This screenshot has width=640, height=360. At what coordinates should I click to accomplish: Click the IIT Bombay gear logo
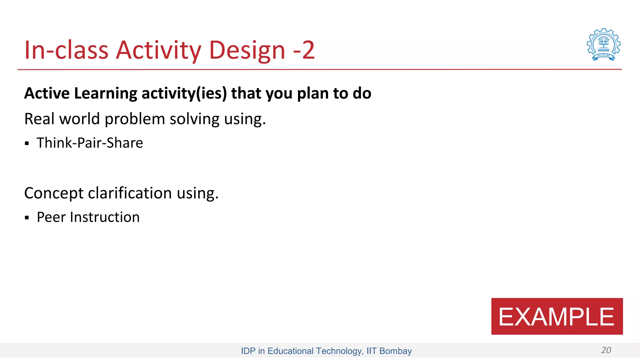pos(603,44)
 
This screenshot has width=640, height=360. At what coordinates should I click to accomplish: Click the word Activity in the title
pos(158,50)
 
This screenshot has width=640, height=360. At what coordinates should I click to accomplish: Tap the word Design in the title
pos(247,50)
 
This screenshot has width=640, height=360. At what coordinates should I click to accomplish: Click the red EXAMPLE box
pos(557,316)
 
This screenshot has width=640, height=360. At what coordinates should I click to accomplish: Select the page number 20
pos(606,350)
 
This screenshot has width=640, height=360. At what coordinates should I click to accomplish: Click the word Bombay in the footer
pos(395,351)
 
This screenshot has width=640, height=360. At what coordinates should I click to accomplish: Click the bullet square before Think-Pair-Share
pos(27,143)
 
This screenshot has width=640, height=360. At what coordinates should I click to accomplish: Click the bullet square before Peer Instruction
pos(27,218)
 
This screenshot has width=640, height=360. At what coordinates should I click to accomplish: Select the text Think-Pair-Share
pos(90,143)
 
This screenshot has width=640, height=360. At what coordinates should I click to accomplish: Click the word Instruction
pos(105,217)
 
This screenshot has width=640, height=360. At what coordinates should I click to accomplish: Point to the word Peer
pos(51,217)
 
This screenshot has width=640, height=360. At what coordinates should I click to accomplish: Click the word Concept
pos(53,193)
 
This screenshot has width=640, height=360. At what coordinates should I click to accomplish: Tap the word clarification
pos(130,193)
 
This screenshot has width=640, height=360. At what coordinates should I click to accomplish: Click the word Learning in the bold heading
pos(106,93)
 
